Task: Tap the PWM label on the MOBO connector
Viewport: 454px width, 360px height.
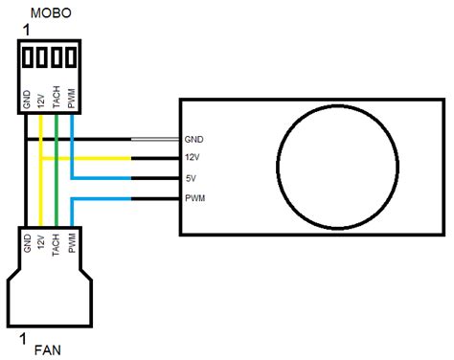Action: tap(72, 99)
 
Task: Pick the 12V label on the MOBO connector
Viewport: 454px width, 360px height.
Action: tap(42, 101)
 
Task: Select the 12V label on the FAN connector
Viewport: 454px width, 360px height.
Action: tap(42, 243)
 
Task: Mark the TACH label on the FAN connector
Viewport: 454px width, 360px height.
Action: tap(57, 245)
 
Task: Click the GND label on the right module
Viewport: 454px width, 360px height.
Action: tap(194, 140)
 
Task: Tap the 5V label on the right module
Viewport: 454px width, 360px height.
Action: tap(192, 178)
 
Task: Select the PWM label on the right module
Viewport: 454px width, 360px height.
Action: tap(194, 198)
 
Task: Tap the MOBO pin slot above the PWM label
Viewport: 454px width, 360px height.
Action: tap(72, 57)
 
